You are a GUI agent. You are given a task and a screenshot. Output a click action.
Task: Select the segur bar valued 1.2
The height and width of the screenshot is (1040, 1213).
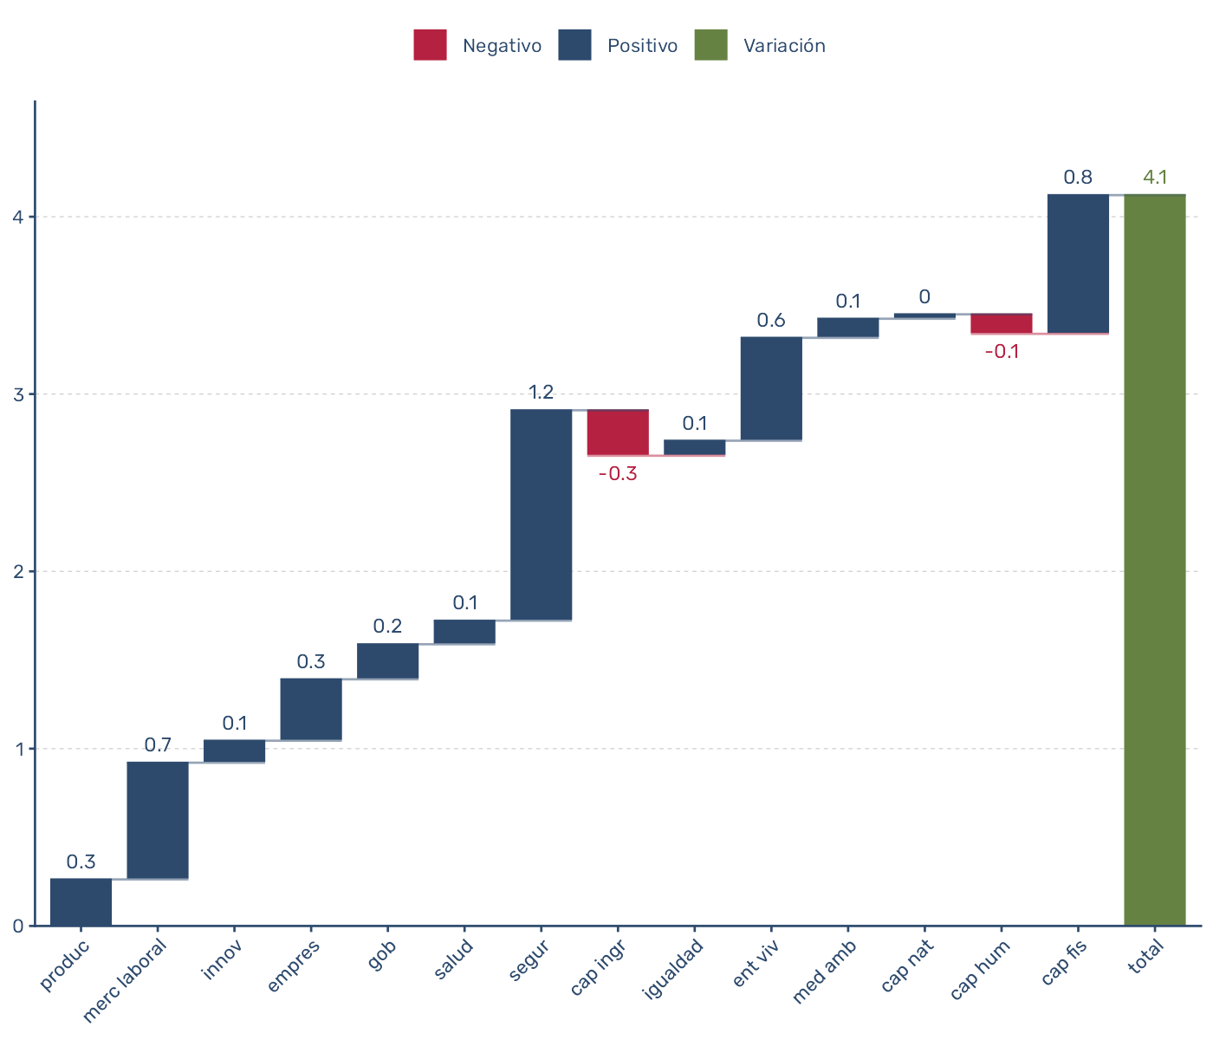[541, 515]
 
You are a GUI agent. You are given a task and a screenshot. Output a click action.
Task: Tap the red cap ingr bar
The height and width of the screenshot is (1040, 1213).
[618, 432]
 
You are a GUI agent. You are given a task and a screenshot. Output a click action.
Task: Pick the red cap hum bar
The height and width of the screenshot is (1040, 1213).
[1001, 323]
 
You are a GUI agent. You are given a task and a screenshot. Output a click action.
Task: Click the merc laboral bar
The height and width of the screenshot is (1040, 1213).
[158, 821]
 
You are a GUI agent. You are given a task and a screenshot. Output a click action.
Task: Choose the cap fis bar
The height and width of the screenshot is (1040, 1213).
[1078, 263]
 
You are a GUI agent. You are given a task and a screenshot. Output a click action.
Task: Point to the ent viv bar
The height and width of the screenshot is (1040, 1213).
[771, 388]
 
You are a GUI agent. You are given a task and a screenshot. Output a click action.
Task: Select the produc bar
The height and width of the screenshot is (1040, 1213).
[81, 902]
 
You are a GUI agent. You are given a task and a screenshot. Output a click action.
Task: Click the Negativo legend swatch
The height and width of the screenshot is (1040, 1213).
[430, 45]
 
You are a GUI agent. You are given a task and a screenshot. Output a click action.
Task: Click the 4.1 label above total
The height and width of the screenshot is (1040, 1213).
[1155, 178]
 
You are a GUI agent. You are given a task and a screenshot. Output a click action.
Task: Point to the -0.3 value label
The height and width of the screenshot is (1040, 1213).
[618, 474]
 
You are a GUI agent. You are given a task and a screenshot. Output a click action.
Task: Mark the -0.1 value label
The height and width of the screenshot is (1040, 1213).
[1002, 352]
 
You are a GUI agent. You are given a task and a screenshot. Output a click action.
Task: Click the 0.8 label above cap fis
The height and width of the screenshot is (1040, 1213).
[1078, 178]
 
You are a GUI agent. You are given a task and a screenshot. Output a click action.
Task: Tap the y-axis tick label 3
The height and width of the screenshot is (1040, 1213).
[18, 394]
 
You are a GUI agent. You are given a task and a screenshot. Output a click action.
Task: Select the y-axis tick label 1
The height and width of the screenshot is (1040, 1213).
[18, 749]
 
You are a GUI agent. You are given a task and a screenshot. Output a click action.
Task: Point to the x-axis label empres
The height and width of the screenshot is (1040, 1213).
[295, 964]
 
